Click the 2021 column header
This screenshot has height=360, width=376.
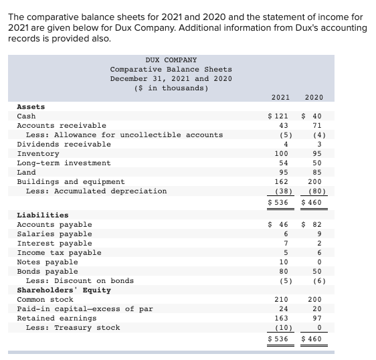pos(281,97)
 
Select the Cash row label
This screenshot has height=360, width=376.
pos(26,116)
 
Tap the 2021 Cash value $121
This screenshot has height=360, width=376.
pos(278,116)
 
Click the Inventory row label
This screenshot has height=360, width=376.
pos(37,153)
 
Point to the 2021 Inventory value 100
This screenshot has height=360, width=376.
pos(281,153)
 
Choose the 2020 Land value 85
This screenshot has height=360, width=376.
pos(316,172)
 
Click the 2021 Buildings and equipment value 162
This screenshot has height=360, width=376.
pos(281,181)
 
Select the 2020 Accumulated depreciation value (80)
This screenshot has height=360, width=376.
pos(314,191)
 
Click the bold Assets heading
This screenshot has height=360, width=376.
pos(31,106)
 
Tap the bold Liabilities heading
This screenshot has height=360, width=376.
pos(42,215)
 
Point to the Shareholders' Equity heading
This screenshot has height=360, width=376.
pos(64,290)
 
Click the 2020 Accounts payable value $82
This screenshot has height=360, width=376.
pos(313,224)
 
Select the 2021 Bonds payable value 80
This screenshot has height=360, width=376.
pos(283,271)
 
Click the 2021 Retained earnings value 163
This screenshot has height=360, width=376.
pos(281,318)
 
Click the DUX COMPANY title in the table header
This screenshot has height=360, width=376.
pos(171,60)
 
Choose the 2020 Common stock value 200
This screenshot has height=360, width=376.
pos(314,299)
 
